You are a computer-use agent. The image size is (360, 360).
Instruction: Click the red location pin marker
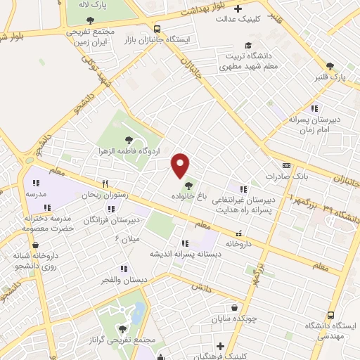[181, 165]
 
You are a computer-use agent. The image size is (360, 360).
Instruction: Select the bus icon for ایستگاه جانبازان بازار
[156, 29]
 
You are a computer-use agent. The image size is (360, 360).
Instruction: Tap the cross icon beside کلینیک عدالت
[238, 10]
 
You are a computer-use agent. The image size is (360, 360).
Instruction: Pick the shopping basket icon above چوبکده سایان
[233, 307]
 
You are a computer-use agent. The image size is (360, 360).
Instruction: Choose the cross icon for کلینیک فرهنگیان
[221, 346]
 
